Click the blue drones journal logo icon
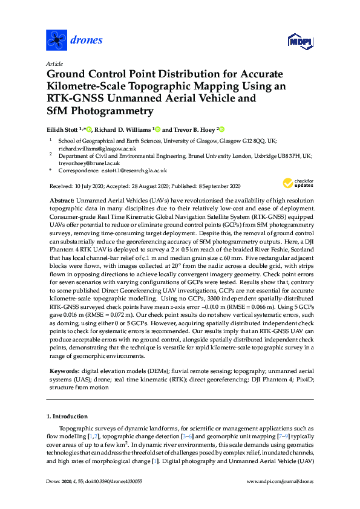(57, 41)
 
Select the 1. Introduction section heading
(67, 417)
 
